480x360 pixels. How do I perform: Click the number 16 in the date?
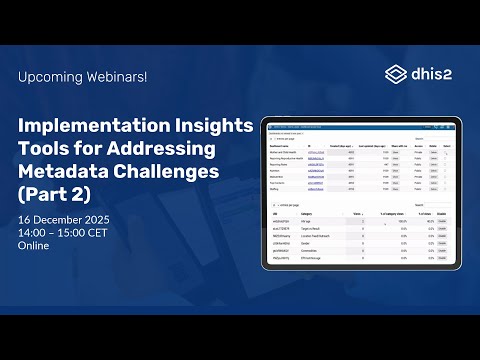tap(25, 219)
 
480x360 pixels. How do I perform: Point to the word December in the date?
tap(59, 219)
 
